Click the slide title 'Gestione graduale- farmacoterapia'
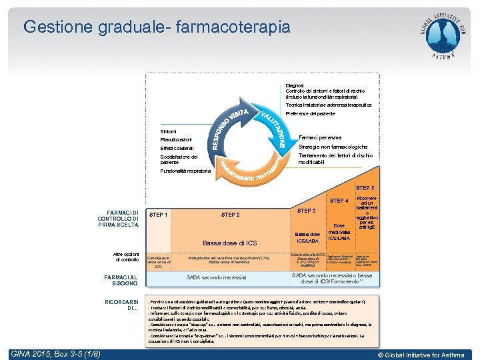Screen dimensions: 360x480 (x=157, y=27)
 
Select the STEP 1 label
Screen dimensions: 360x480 (x=158, y=215)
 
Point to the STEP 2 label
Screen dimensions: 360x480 (x=230, y=215)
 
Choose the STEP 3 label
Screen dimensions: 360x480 (x=306, y=211)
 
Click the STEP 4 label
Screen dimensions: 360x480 (x=339, y=201)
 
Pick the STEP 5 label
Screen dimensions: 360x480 (x=365, y=189)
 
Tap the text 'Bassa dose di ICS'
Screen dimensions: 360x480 (x=229, y=243)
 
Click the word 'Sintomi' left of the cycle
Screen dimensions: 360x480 (x=169, y=131)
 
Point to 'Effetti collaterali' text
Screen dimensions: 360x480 (x=177, y=148)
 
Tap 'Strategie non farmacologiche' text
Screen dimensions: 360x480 (x=333, y=147)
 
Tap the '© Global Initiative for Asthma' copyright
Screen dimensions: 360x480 (x=421, y=355)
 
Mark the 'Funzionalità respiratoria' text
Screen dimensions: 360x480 (x=186, y=171)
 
